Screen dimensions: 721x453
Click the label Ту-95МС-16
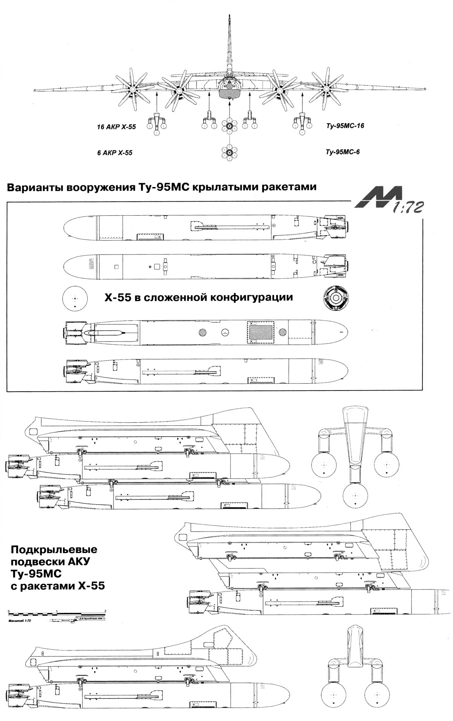(x=345, y=126)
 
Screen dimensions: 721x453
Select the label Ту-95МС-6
(x=342, y=152)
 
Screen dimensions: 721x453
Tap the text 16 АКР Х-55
(x=116, y=127)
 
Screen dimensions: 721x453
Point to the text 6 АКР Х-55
(x=115, y=153)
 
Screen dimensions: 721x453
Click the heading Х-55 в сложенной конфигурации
(x=199, y=298)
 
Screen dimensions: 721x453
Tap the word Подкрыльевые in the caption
(x=54, y=550)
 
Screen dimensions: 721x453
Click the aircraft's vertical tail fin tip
(x=230, y=16)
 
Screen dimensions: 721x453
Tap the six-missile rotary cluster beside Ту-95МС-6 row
(x=230, y=153)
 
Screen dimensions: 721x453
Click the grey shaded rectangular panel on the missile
(x=261, y=332)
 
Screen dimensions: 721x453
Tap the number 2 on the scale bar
(x=105, y=611)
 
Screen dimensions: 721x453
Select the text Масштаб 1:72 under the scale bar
(x=19, y=620)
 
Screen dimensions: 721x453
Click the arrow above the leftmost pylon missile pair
(x=157, y=101)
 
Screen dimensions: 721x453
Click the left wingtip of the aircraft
(x=35, y=90)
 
